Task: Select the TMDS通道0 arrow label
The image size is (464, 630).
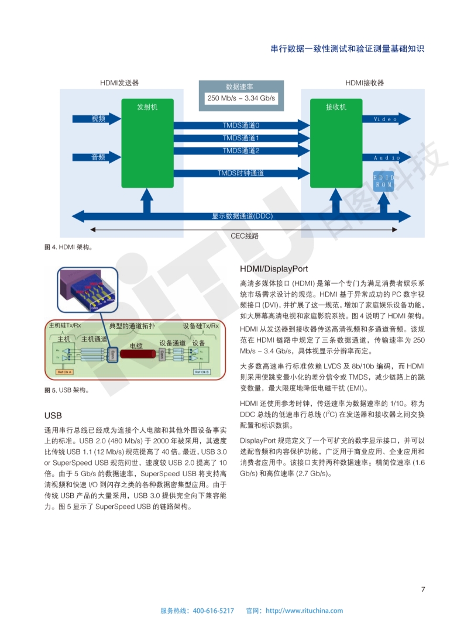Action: (x=240, y=125)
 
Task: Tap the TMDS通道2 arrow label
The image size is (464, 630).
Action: (x=240, y=151)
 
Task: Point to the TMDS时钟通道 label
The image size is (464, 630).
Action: (x=240, y=173)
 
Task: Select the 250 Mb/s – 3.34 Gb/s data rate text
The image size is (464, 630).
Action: (x=241, y=98)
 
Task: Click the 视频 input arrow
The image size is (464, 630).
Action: (x=97, y=119)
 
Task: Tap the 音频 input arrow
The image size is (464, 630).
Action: (x=97, y=157)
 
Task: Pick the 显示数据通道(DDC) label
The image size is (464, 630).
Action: (x=242, y=216)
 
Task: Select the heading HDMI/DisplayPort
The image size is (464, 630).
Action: (x=274, y=269)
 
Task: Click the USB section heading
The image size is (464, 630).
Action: (x=53, y=416)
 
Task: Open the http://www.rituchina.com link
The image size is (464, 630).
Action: (x=304, y=611)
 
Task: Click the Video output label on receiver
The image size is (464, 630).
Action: (x=386, y=119)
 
